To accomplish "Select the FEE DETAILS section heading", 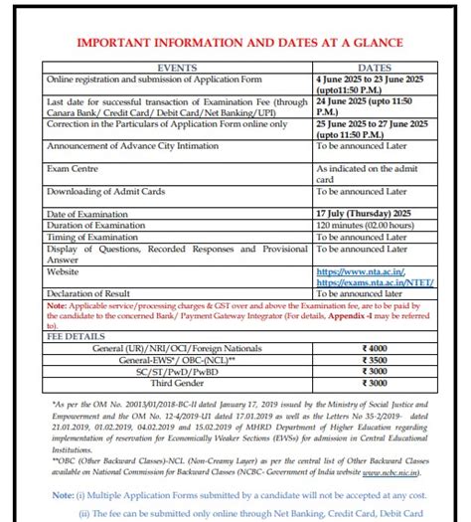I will click(x=74, y=335).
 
